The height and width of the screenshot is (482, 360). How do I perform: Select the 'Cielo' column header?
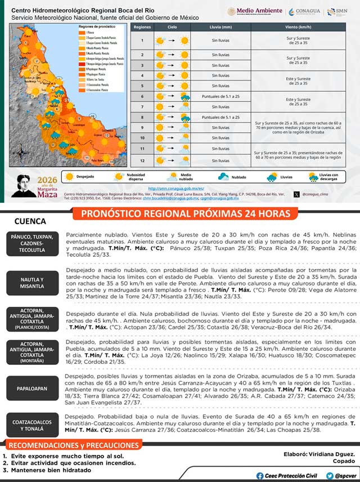coord(172,26)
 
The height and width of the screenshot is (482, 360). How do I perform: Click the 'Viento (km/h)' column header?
coord(298,26)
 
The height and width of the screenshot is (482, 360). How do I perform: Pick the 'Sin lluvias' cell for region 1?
coord(220,41)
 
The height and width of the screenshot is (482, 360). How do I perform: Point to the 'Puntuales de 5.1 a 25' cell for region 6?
coord(220,97)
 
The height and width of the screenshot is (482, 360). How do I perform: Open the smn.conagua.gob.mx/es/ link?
coord(176,188)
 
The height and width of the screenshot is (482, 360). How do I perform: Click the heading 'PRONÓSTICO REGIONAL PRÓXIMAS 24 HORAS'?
coord(186,214)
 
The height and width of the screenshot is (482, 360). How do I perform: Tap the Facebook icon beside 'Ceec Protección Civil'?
coord(259,475)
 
